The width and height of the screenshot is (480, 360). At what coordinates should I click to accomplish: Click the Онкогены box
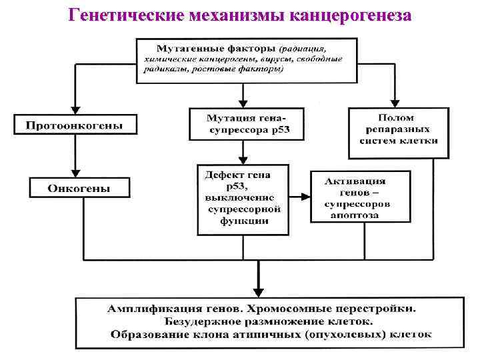[x=79, y=187]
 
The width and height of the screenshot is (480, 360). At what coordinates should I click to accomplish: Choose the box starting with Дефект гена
[x=243, y=199]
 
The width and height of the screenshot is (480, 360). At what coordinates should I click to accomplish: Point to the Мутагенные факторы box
[x=243, y=60]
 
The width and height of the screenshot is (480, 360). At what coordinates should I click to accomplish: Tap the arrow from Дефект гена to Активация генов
[x=299, y=197]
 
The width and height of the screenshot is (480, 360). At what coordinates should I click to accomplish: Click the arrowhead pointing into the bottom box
[x=259, y=291]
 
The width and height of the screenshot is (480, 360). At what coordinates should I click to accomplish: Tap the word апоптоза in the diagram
[x=354, y=215]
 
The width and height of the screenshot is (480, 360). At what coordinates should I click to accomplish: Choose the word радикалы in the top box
[x=164, y=71]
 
